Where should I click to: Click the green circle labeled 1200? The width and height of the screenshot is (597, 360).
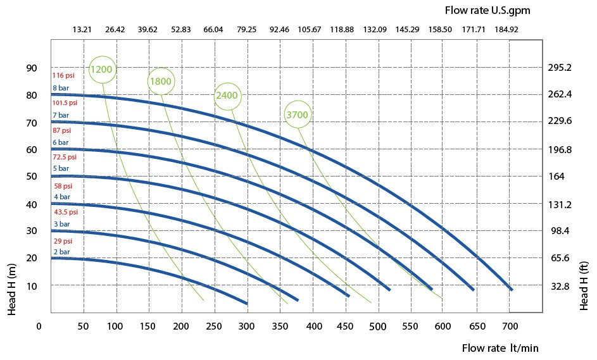[x=102, y=69]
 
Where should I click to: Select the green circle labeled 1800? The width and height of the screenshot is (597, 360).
[x=161, y=81]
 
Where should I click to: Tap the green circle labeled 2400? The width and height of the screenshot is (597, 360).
[x=227, y=96]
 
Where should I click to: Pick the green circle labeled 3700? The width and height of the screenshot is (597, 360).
[x=298, y=115]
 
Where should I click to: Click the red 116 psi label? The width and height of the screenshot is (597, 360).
[x=63, y=75]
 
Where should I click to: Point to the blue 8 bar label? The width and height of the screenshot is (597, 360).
[x=61, y=88]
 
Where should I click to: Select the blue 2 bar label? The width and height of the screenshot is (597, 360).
[x=61, y=252]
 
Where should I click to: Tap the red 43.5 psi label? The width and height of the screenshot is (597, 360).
[x=66, y=212]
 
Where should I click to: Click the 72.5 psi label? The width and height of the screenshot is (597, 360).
[x=65, y=157]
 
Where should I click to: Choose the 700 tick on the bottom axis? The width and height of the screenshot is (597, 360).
[x=510, y=326]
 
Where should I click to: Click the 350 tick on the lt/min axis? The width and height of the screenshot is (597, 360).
[x=279, y=326]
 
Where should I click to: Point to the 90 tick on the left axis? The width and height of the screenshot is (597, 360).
[x=32, y=68]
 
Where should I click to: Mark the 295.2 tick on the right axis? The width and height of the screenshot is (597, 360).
[x=560, y=68]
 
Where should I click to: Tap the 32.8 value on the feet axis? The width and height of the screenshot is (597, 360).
[x=560, y=286]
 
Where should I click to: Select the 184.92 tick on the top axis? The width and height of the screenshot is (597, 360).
[x=506, y=30]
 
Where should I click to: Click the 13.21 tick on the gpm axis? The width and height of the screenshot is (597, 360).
[x=82, y=30]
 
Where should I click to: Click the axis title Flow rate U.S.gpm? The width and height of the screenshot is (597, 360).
[x=487, y=10]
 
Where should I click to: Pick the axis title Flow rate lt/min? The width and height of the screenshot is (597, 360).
[x=500, y=348]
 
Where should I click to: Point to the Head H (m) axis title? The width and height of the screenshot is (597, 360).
[x=12, y=289]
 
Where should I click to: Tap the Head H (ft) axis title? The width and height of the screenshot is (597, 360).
[x=584, y=286]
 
